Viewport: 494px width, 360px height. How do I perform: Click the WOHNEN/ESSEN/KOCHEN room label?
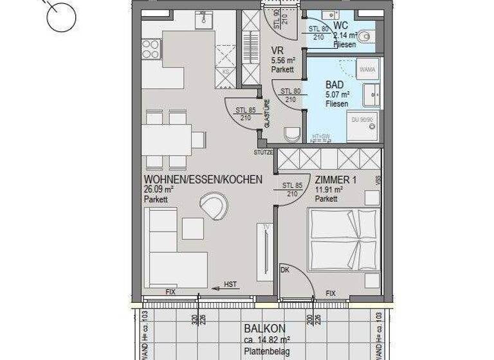(203, 179)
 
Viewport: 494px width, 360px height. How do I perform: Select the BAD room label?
(334, 85)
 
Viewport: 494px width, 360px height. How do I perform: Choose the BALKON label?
(264, 328)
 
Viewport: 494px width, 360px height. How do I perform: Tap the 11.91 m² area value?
(329, 190)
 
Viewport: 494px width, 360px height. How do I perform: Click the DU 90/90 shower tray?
(362, 125)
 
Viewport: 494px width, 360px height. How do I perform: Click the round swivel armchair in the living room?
(214, 207)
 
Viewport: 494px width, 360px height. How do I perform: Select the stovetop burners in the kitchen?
(150, 50)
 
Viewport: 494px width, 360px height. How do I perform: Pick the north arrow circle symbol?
(61, 16)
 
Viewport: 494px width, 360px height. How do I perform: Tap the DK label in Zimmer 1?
(286, 270)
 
